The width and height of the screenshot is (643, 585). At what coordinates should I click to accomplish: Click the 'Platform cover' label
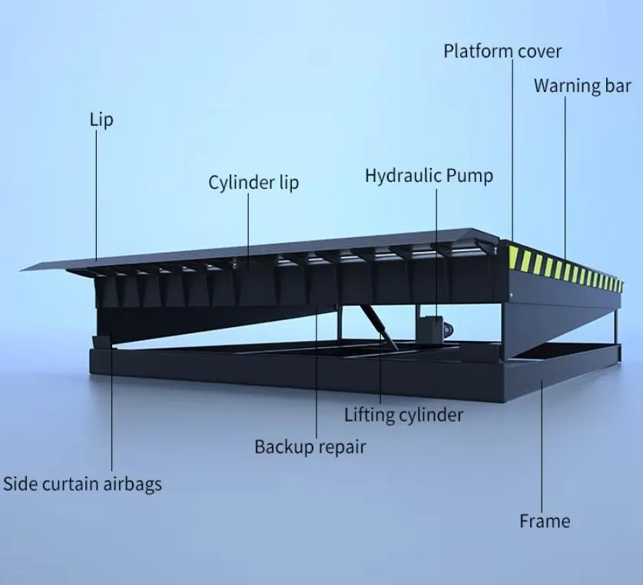502,51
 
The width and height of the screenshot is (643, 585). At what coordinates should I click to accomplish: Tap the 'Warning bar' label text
582,85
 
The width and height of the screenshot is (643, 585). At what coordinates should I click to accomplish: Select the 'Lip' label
101,120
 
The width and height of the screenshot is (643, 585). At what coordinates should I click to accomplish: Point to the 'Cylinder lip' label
254,183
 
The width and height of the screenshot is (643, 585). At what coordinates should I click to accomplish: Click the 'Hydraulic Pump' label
429,175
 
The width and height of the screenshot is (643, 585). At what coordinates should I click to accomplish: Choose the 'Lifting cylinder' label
403,415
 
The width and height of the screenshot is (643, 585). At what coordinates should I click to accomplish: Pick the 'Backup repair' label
310,446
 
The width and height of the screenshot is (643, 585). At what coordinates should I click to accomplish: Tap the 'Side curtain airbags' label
82,484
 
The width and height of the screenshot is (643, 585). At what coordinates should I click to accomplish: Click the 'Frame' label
545,521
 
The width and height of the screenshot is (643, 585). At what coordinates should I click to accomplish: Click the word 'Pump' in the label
469,175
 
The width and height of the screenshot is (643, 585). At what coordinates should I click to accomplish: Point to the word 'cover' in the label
539,51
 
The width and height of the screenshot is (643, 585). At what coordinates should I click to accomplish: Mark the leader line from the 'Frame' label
544,445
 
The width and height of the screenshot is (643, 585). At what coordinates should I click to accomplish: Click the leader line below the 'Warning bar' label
567,177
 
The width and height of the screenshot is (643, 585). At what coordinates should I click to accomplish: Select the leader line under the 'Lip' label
97,192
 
